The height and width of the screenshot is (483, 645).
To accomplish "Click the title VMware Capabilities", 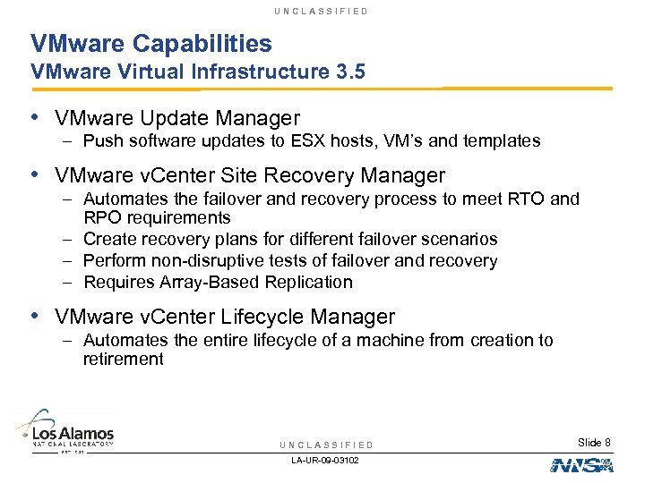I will tap(150, 43).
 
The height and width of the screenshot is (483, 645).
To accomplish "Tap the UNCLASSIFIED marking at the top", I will tap(322, 11).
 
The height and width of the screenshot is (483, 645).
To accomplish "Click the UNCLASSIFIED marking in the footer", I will tap(326, 445).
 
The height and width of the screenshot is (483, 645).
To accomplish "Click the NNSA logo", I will tap(581, 464).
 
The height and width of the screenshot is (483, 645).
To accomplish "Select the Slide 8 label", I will tap(595, 443).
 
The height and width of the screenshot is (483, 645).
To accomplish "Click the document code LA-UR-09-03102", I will tap(325, 460).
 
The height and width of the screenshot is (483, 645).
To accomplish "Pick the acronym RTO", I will tap(533, 199).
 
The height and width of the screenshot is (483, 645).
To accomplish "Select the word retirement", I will tap(123, 360).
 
